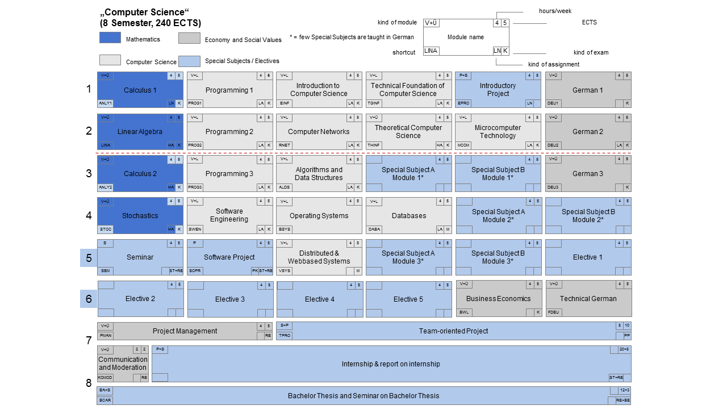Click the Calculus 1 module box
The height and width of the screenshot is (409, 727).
pos(140,90)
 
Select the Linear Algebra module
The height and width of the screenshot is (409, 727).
pos(140,132)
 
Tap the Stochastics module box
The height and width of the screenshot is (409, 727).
pos(140,216)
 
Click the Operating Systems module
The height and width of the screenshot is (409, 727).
pos(319,216)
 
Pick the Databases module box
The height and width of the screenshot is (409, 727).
pos(408,216)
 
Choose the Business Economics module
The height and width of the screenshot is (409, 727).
pos(498,299)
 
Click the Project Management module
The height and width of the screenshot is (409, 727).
pos(185,331)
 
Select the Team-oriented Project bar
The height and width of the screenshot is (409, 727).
pos(453,331)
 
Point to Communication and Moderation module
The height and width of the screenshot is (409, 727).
pos(123,364)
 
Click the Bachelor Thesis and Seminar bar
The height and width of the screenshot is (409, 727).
pos(363,396)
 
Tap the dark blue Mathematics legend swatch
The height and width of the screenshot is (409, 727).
pos(110,38)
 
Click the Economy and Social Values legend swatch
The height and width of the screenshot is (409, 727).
pos(189,38)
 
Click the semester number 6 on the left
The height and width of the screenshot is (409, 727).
pos(89,299)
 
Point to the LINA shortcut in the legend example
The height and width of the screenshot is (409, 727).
pos(431,51)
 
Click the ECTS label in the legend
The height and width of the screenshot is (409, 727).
pos(589,23)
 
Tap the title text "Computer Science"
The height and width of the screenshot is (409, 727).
pos(145,12)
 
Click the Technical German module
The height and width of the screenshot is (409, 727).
pos(588,299)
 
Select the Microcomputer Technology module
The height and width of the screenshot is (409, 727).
pos(498,132)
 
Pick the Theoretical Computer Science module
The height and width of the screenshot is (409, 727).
pos(408,132)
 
